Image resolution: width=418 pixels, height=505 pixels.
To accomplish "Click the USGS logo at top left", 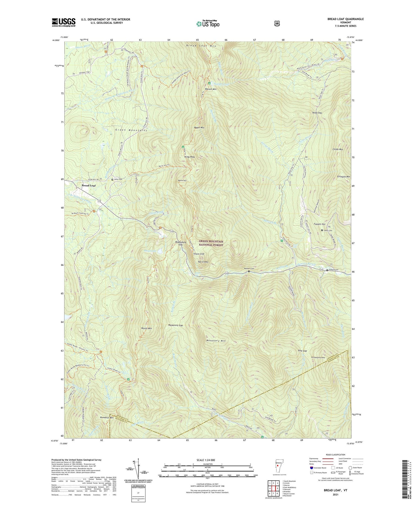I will (x=64, y=22).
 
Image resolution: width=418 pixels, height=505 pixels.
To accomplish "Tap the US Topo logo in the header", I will (x=208, y=24).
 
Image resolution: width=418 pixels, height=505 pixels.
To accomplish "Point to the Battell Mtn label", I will (x=211, y=89).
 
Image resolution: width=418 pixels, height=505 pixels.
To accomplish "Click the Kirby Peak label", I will (x=189, y=157).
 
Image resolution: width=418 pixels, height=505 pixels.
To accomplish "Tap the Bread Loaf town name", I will (x=89, y=185).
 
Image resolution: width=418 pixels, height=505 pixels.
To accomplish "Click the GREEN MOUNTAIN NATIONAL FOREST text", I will (x=211, y=243).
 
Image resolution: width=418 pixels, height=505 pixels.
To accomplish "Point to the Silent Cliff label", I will (x=199, y=254).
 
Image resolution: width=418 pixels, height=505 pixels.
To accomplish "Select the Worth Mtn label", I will (x=146, y=328).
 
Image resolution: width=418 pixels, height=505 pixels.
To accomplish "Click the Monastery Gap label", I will (x=176, y=325).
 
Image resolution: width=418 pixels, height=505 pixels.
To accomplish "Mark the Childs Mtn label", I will (x=338, y=149).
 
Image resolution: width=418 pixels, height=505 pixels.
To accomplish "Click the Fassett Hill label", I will (x=320, y=224).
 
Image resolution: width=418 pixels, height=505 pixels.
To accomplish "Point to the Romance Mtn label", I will (x=107, y=417).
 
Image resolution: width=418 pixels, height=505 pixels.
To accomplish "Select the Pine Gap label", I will (x=302, y=351).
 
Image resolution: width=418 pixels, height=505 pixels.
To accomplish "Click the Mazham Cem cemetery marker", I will (x=249, y=271).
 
